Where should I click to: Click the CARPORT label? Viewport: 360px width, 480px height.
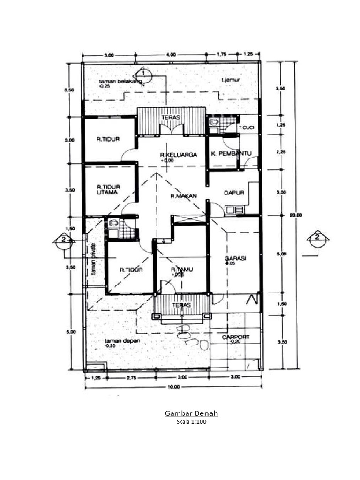[236, 337]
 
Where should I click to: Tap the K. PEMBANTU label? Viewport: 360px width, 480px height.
[232, 154]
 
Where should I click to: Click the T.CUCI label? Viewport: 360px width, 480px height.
[247, 127]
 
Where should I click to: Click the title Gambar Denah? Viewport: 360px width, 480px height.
[191, 413]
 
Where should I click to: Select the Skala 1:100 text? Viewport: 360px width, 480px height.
[191, 421]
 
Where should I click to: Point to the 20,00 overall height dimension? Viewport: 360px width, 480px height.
[297, 215]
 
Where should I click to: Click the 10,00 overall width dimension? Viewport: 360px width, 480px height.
[173, 387]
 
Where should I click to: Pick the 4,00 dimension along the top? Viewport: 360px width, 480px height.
[171, 55]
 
